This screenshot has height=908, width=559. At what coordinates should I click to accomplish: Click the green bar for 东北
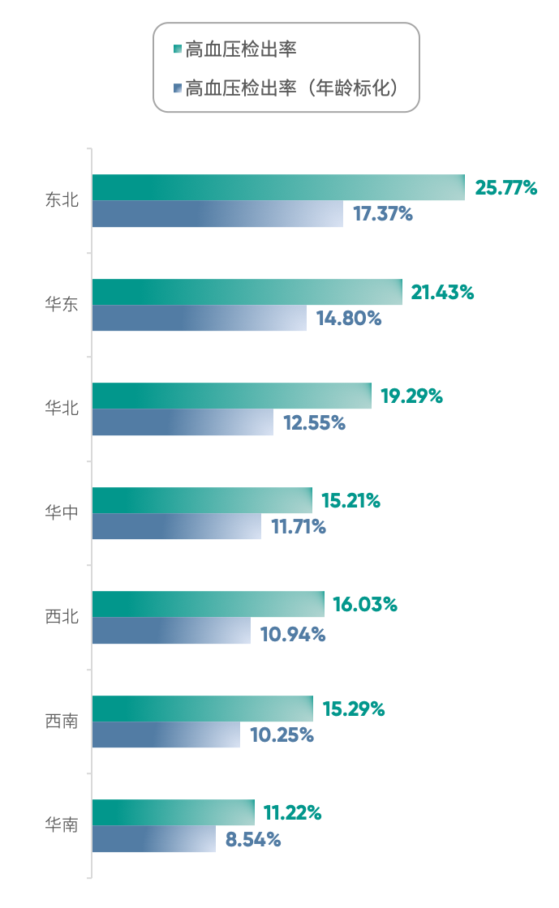pos(277,187)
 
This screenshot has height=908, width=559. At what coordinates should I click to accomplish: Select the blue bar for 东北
pos(217,215)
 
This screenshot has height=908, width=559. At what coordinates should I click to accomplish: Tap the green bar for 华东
pos(247,292)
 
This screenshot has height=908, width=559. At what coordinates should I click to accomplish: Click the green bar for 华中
pos(201,500)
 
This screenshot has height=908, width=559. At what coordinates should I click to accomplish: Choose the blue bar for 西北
pos(171,632)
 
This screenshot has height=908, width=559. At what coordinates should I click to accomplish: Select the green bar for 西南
pos(202,709)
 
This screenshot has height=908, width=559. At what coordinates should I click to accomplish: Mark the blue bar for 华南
pos(153,840)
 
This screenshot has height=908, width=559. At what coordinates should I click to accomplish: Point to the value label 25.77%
pos(506,188)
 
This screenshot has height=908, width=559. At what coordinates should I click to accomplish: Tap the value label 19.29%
pos(411,396)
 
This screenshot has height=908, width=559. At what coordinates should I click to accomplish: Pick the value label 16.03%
pos(365,605)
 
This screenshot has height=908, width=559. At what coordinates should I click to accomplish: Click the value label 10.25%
pos(282,735)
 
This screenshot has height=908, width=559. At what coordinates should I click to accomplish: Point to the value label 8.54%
pos(253,840)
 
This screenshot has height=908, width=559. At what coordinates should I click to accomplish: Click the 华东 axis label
pos(62,304)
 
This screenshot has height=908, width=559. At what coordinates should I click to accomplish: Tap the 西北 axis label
pos(62,617)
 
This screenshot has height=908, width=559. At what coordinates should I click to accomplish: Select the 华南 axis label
pos(62,825)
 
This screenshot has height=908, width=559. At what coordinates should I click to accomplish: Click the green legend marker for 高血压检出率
pos(177,50)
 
